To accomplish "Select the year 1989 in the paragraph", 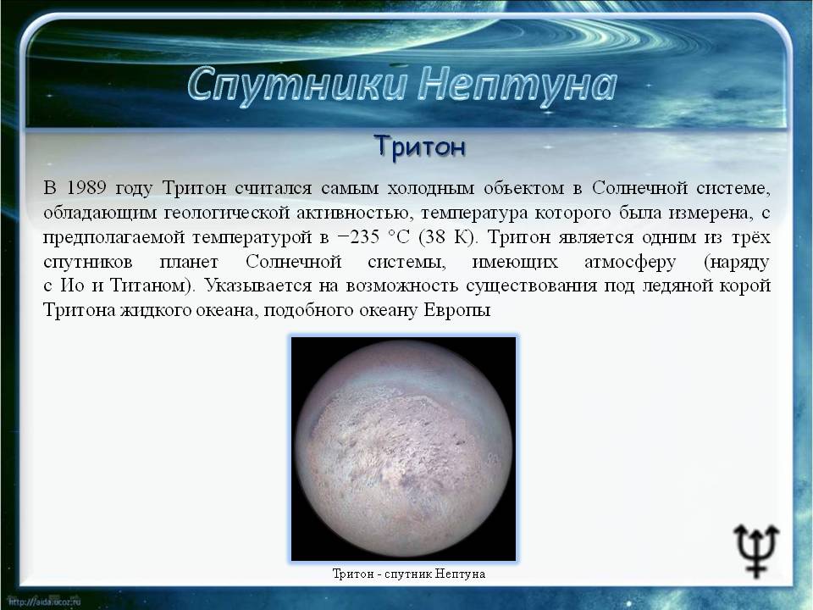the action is pos(86,188).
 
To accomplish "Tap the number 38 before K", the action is pos(434,237).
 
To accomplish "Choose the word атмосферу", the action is pos(630,262).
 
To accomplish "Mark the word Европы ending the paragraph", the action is pos(457,311).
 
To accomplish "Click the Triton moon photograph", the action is pos(403,449).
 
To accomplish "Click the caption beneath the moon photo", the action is pos(408,574).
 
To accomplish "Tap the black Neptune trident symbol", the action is pos(756,550).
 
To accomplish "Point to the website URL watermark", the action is pos(46,602).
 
